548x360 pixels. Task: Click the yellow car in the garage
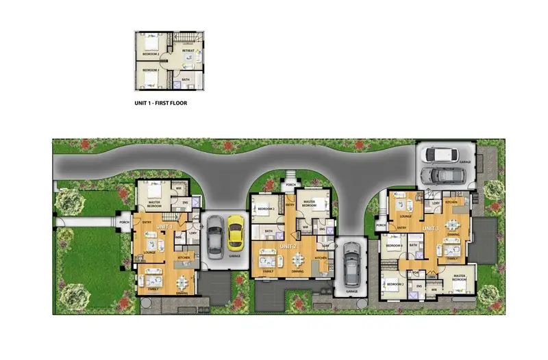[236, 231]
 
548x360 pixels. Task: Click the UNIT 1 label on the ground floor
[164, 227]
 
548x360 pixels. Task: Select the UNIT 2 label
[288, 245]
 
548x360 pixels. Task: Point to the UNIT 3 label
[429, 228]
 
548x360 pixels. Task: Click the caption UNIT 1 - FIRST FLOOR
[160, 103]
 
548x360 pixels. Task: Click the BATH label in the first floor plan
[187, 79]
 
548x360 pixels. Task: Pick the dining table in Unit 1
[181, 281]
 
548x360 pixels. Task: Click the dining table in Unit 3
[451, 225]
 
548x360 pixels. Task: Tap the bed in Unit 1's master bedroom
[155, 190]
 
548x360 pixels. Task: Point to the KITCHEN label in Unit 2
[321, 257]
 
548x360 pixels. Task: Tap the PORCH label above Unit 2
[290, 183]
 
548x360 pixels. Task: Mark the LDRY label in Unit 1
[192, 233]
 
